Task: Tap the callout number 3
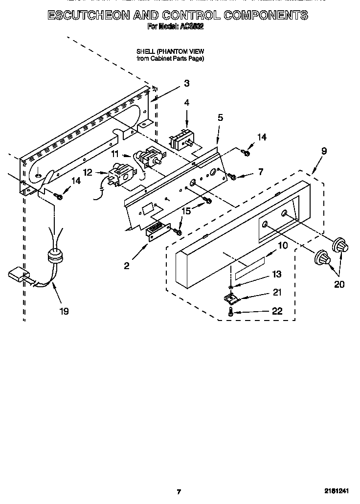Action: point(186,84)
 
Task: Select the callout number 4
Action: point(186,102)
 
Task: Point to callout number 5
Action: point(220,117)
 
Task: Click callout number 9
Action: point(324,152)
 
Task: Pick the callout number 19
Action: point(64,311)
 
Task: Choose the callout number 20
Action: point(338,284)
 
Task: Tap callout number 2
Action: point(127,266)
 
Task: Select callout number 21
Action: point(277,292)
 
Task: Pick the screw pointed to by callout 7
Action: point(232,176)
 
